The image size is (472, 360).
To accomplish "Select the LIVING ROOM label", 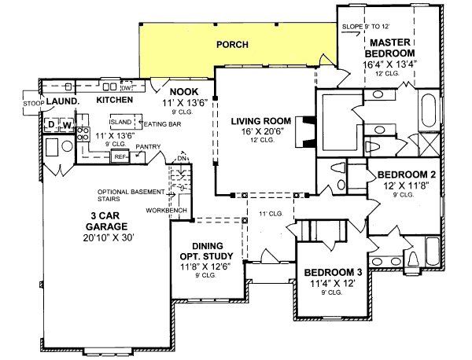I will (x=261, y=120).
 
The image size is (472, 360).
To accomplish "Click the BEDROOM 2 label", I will (x=406, y=174).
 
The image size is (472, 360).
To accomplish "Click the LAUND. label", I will (x=61, y=101).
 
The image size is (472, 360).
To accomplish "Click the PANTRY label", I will (x=148, y=146).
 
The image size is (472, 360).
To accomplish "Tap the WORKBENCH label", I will (x=167, y=210).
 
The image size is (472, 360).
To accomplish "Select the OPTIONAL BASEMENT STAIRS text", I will (x=130, y=195).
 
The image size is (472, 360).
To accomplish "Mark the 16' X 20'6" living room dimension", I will (x=261, y=132).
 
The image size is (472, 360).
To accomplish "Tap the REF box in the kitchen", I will (x=120, y=156).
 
